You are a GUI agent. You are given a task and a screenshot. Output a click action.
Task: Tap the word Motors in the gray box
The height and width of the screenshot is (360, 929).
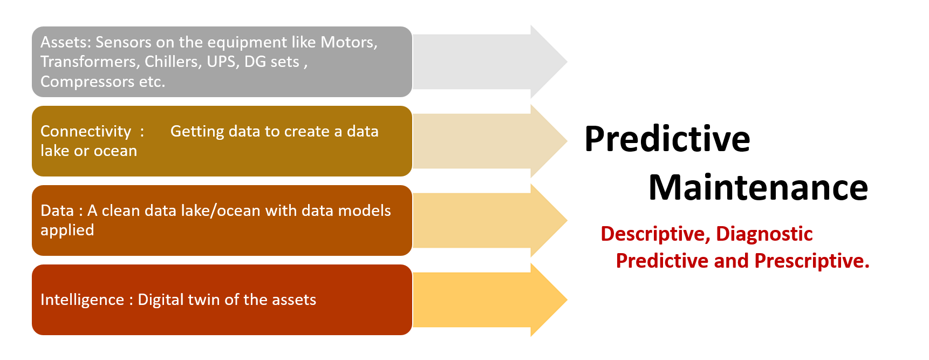(349, 42)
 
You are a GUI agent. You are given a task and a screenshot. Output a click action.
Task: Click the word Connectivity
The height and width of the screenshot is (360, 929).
(86, 132)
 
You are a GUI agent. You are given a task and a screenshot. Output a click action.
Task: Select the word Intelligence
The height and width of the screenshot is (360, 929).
(82, 300)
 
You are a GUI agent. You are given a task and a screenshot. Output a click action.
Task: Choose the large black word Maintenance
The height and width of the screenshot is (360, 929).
(758, 187)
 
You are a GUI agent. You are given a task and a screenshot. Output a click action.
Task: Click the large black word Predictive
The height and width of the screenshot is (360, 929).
(667, 139)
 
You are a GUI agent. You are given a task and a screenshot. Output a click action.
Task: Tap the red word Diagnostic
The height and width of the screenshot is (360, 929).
(764, 234)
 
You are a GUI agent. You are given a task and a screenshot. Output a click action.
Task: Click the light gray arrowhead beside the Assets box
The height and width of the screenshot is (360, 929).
(549, 62)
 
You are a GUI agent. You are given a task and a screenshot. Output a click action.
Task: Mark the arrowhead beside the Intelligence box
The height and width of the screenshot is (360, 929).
(549, 300)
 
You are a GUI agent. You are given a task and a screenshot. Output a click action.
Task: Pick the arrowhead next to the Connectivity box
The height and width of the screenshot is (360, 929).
(549, 141)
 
